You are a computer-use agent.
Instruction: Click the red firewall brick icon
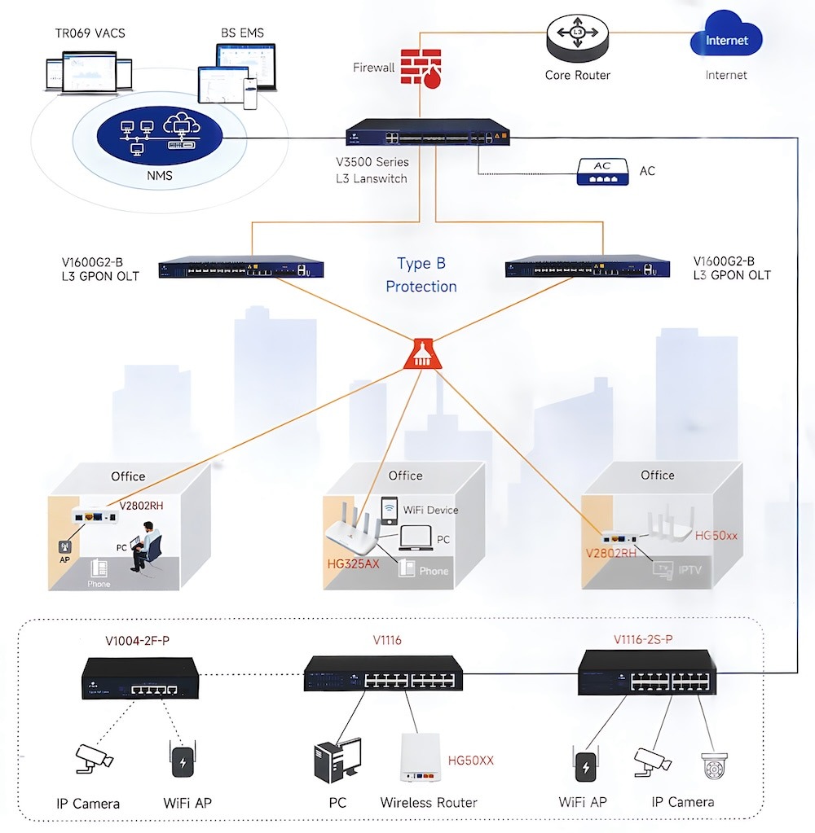pos(421,67)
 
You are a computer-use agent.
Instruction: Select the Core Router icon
pos(577,38)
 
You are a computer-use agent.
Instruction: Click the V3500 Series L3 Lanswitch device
pos(426,135)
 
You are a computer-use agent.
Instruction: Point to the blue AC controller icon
pos(602,171)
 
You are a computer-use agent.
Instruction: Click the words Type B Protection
pos(421,275)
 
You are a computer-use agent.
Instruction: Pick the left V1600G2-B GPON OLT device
pos(241,267)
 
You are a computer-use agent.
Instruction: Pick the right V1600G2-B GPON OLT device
pos(587,268)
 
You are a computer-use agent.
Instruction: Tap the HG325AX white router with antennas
pos(356,531)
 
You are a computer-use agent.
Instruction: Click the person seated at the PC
pos(148,546)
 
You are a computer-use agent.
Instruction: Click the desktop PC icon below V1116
pos(337,761)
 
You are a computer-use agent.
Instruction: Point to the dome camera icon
pos(713,766)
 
